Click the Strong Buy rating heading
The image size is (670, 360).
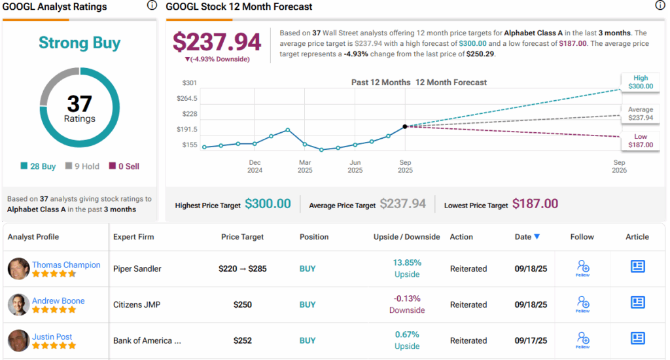(80, 43)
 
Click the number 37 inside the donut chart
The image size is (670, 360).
(79, 103)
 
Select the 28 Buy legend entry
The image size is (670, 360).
(39, 166)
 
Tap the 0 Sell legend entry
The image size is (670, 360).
(124, 166)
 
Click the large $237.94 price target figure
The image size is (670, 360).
(217, 42)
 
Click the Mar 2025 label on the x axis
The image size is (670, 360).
(305, 166)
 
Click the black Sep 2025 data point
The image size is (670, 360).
(405, 126)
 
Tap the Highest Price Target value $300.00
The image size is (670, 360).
(268, 204)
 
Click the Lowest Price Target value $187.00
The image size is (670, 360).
(535, 204)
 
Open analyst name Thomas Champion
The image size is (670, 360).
(66, 264)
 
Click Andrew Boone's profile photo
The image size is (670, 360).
(18, 304)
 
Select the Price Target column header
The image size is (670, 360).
(242, 237)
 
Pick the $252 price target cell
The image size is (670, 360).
(242, 340)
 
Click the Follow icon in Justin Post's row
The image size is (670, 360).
(582, 339)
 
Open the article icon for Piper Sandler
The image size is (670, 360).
(637, 266)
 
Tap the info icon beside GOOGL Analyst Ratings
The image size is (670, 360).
(152, 6)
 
